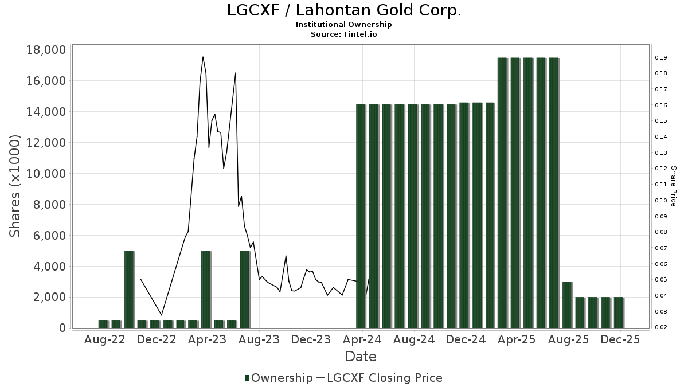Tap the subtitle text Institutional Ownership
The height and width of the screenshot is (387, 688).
344,25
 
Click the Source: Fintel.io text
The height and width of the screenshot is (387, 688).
344,34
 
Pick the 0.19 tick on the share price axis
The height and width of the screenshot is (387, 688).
660,58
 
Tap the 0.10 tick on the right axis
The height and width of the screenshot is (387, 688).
660,201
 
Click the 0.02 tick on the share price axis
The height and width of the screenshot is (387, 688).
660,327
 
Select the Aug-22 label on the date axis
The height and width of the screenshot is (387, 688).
104,339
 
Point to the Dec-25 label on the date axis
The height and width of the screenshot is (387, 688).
620,339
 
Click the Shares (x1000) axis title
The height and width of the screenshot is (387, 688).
15,186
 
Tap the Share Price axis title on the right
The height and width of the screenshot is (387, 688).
673,186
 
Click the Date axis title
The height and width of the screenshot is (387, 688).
361,357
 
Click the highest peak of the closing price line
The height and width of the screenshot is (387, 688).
203,57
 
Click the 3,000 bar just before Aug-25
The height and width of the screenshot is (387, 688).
567,304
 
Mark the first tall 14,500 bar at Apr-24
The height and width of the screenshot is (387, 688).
361,216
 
